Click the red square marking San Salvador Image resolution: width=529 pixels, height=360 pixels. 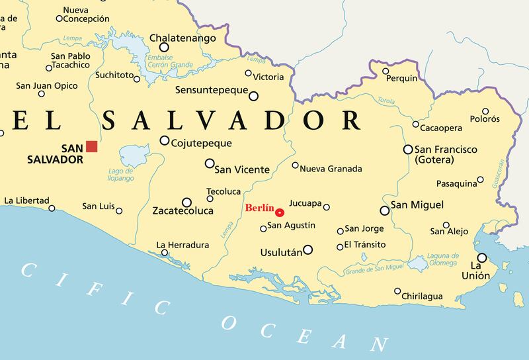(x=91, y=146)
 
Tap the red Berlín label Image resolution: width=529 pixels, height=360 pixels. (x=259, y=207)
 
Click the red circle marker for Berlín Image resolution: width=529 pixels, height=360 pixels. (x=280, y=212)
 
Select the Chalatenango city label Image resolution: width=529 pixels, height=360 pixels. (x=182, y=38)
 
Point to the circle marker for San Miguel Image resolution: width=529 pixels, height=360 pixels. (x=384, y=210)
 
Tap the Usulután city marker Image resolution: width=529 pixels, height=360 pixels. (x=307, y=250)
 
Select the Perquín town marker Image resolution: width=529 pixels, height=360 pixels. (x=386, y=71)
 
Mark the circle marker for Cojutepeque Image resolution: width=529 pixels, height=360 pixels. (x=165, y=140)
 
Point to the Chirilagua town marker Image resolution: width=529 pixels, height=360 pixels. (x=397, y=291)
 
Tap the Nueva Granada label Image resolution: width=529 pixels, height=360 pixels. (x=331, y=169)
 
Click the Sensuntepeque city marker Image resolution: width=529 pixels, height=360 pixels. (x=253, y=96)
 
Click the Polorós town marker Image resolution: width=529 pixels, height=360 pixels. (x=485, y=112)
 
